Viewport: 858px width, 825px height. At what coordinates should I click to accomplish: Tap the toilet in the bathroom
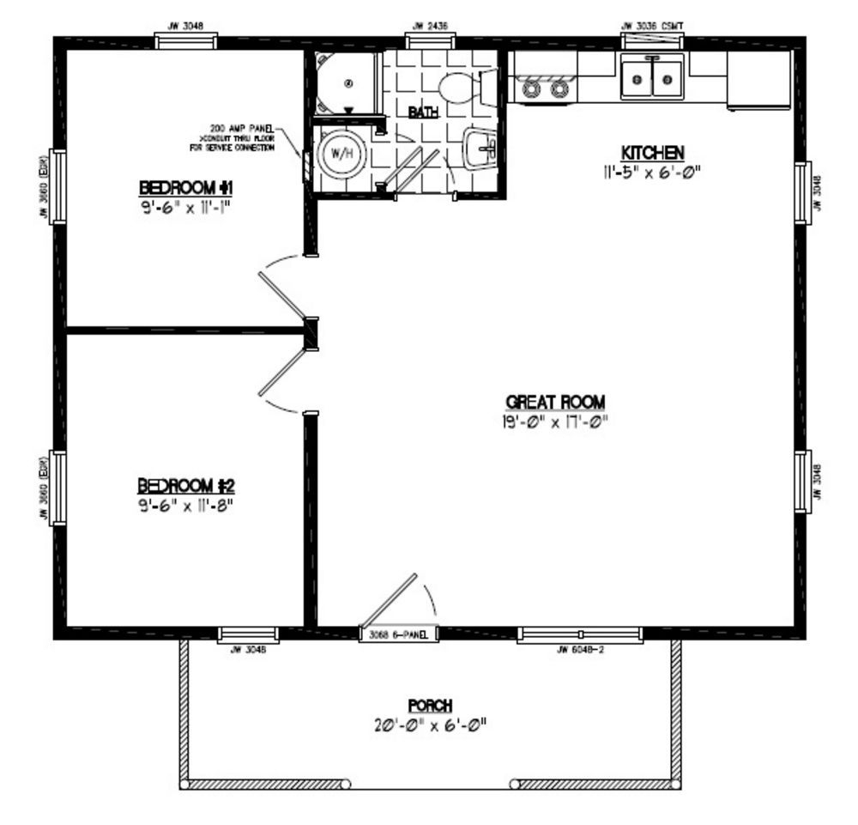pyautogui.click(x=455, y=87)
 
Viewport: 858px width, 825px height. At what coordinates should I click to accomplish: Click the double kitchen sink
pyautogui.click(x=652, y=81)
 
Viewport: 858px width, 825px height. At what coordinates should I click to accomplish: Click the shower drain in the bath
pyautogui.click(x=348, y=83)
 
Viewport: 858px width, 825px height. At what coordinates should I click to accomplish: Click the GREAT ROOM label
pyautogui.click(x=555, y=401)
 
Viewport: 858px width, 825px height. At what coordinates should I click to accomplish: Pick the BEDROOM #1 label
pyautogui.click(x=186, y=188)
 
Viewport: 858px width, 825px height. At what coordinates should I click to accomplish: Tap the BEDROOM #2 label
pyautogui.click(x=186, y=485)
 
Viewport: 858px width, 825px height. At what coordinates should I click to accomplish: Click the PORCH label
pyautogui.click(x=430, y=705)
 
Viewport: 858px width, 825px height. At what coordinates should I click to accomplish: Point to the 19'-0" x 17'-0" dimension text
pyautogui.click(x=556, y=421)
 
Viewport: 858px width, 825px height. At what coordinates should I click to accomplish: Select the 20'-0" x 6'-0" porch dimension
pyautogui.click(x=430, y=725)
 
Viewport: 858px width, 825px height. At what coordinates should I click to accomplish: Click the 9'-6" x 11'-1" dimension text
pyautogui.click(x=186, y=207)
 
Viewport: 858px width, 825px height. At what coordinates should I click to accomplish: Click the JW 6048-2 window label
pyautogui.click(x=581, y=650)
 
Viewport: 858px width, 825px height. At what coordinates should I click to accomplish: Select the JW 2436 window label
pyautogui.click(x=430, y=26)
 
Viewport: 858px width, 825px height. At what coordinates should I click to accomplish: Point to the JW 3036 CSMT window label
pyautogui.click(x=652, y=26)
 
